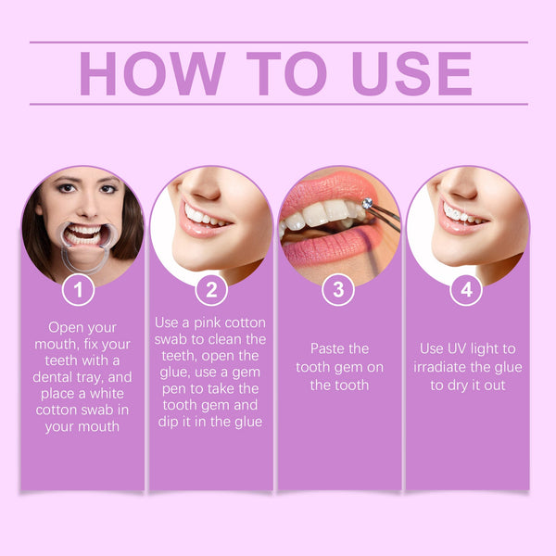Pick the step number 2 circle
click(x=211, y=290)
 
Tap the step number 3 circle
click(x=337, y=290)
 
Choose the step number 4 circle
click(x=466, y=290)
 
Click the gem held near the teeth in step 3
click(x=368, y=203)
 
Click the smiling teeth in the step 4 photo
click(x=458, y=215)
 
